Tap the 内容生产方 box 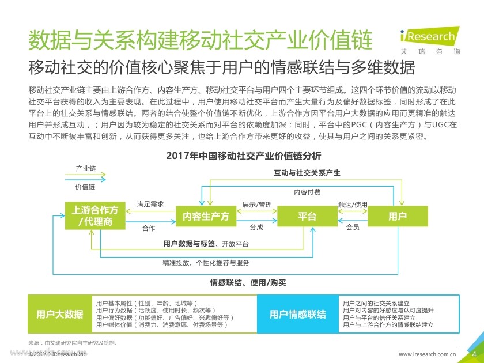(206, 217)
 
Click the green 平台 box (307, 217)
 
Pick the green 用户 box (398, 217)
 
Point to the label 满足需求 (150, 205)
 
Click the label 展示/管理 (257, 205)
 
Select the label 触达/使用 (353, 205)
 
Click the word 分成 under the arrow (256, 228)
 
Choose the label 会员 (353, 228)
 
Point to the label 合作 (149, 228)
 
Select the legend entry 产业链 (85, 169)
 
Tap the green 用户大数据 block (60, 314)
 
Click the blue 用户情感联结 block (297, 314)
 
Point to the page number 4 (474, 353)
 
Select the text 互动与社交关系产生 (307, 172)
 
